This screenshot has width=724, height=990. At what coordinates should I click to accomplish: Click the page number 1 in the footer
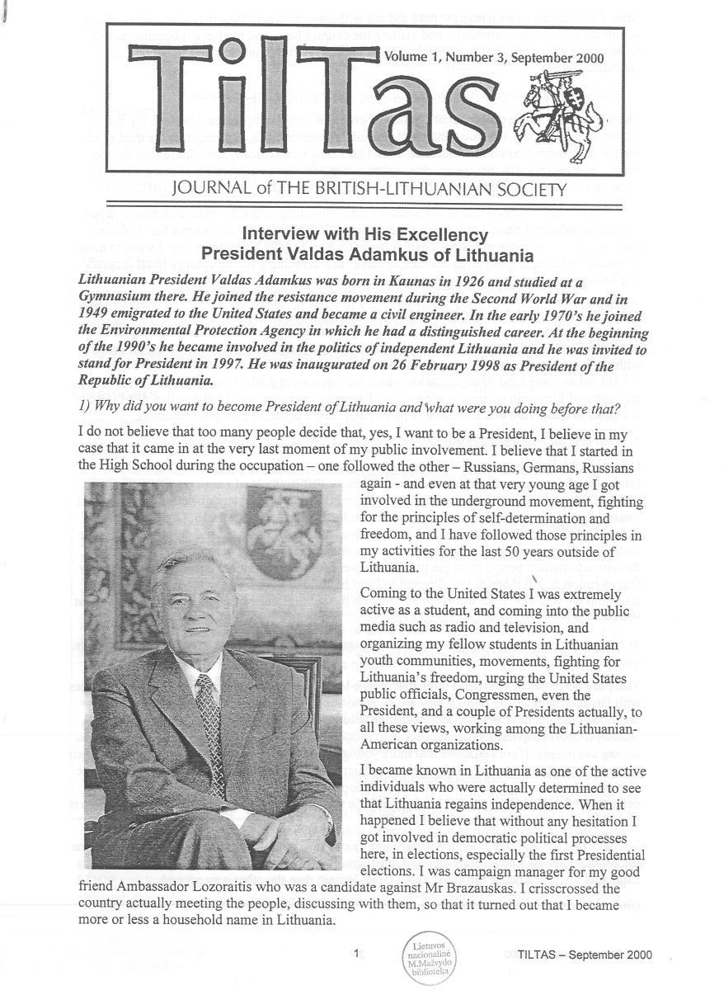point(355,955)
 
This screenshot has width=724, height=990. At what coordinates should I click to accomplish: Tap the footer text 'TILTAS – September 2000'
point(574,955)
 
